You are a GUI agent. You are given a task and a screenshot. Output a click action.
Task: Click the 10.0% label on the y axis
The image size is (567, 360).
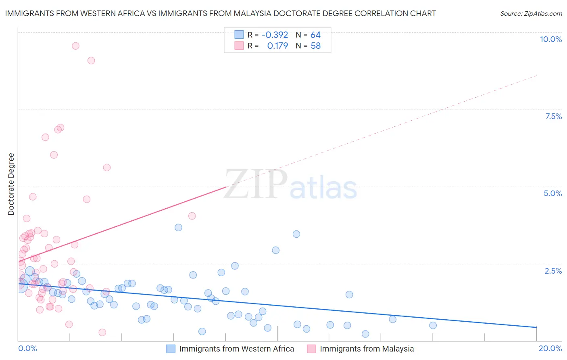(550, 39)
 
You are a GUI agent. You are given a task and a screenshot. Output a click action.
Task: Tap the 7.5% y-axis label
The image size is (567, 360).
(553, 116)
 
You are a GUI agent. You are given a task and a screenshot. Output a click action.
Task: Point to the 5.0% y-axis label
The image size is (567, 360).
(552, 193)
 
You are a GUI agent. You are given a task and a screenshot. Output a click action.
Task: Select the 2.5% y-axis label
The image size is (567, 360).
(553, 271)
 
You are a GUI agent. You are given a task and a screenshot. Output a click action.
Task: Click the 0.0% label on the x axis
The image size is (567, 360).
(27, 348)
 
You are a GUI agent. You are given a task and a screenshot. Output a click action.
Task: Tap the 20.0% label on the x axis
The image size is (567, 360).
(550, 348)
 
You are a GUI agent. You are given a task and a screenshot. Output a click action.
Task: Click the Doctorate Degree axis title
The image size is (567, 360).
(11, 184)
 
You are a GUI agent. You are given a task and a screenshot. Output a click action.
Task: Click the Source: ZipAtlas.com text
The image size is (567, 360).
(531, 14)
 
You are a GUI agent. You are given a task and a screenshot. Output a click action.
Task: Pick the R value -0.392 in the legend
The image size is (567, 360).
(275, 35)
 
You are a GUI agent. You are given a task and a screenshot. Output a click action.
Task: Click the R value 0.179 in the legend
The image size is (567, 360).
(277, 46)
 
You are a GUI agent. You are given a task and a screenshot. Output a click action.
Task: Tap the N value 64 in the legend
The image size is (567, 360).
(315, 35)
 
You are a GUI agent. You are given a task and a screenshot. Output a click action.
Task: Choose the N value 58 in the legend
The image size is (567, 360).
(315, 46)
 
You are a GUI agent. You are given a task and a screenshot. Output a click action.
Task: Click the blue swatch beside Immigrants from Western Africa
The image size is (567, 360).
(171, 349)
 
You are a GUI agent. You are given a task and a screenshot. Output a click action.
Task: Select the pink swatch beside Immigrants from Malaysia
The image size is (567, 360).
(311, 349)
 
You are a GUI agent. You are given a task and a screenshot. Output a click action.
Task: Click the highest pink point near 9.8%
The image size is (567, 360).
(75, 46)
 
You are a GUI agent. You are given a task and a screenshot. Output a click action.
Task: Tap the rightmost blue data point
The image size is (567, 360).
(433, 325)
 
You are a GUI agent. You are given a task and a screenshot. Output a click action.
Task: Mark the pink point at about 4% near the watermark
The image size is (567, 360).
(192, 216)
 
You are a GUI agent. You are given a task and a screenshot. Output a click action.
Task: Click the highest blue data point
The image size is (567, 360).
(178, 228)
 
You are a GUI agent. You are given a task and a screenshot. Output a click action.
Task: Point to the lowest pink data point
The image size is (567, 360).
(102, 333)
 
